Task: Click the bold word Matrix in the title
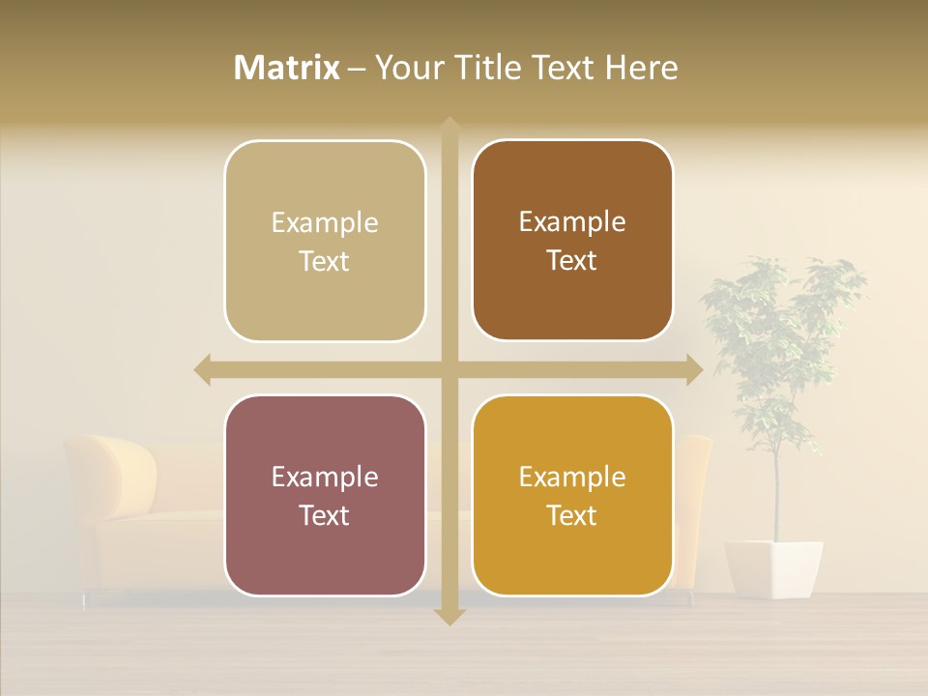pyautogui.click(x=287, y=68)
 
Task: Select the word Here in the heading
pyautogui.click(x=641, y=68)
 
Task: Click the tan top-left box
pyautogui.click(x=325, y=242)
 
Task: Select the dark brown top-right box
pyautogui.click(x=572, y=241)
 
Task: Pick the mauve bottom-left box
pyautogui.click(x=325, y=496)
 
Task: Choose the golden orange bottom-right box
pyautogui.click(x=572, y=495)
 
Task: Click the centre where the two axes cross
pyautogui.click(x=449, y=369)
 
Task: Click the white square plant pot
pyautogui.click(x=773, y=567)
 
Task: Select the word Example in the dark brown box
pyautogui.click(x=572, y=221)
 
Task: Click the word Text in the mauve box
pyautogui.click(x=325, y=515)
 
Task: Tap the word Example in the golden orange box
pyautogui.click(x=572, y=477)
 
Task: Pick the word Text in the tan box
pyautogui.click(x=325, y=261)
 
